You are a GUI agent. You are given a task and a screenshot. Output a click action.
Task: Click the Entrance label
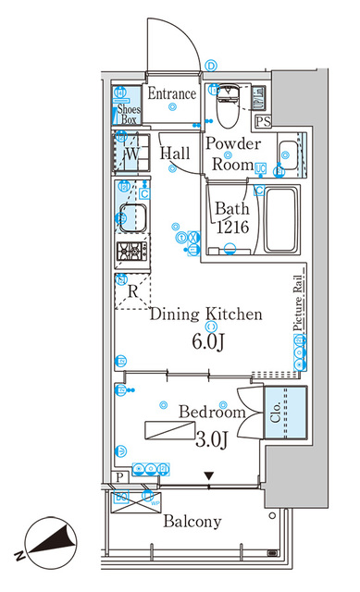tap(172, 93)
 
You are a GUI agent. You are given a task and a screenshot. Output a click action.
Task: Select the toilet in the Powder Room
tap(225, 110)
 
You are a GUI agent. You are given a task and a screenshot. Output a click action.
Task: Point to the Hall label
tap(176, 154)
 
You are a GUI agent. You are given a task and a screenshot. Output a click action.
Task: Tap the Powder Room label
tap(231, 154)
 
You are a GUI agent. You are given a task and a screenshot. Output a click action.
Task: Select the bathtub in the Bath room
tap(279, 220)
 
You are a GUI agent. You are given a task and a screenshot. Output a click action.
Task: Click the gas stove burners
tap(130, 252)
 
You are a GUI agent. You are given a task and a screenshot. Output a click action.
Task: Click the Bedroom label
tap(212, 412)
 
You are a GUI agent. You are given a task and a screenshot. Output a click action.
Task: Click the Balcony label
tap(192, 522)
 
